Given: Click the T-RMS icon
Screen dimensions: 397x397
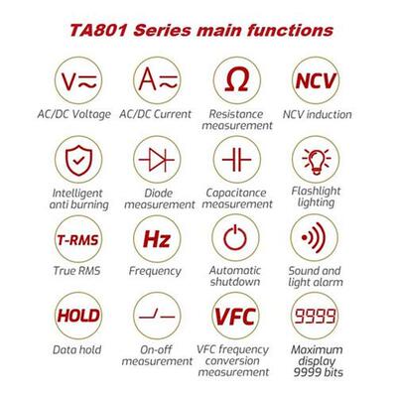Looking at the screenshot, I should [74, 239].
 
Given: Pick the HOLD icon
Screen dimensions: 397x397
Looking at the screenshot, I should [74, 317].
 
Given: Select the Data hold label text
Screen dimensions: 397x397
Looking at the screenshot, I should [74, 349].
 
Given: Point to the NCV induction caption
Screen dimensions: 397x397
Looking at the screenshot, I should [321, 114].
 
